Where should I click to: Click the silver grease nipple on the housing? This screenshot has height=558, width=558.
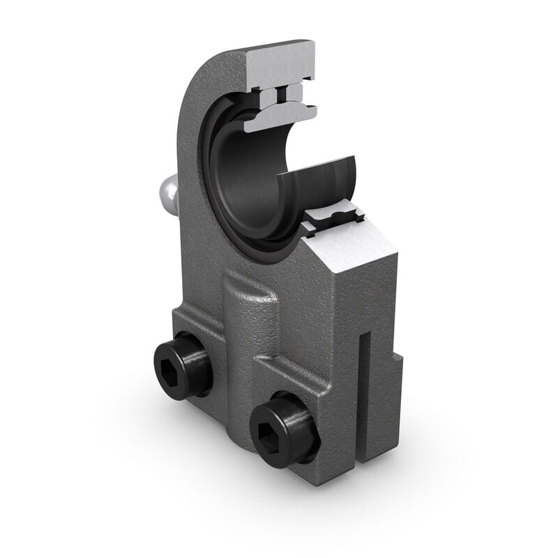tap(166, 193)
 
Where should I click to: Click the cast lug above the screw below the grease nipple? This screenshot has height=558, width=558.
tap(195, 317)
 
